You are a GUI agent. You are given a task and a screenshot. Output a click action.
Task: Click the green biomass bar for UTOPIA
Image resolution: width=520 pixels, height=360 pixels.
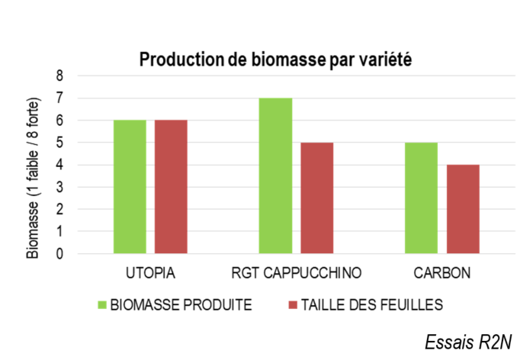130,186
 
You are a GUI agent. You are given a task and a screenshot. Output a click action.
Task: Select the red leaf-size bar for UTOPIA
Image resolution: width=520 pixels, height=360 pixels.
171,186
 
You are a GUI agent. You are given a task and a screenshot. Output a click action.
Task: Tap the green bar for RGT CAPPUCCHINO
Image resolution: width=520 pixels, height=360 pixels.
275,175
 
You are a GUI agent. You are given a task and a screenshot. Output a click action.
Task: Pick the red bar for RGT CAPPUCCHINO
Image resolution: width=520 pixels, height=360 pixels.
316,198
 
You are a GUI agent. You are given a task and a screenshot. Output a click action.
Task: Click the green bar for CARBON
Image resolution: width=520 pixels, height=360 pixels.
421,198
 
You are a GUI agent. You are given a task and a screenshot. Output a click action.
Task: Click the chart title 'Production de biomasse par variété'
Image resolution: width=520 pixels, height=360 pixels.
275,60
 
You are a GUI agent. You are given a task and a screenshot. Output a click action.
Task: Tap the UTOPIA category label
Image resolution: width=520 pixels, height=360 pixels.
150,272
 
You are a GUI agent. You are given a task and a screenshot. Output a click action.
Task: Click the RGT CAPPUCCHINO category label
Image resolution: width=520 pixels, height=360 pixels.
296,272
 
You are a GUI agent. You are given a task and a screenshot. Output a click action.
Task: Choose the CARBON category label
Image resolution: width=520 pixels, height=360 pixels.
442,272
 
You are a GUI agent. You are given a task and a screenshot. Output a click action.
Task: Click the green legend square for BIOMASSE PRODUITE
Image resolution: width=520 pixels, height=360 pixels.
102,305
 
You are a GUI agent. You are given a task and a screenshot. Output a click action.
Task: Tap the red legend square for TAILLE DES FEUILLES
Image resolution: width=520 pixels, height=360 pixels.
293,305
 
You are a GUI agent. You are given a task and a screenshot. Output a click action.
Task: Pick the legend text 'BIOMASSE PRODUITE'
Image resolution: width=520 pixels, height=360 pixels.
181,305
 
